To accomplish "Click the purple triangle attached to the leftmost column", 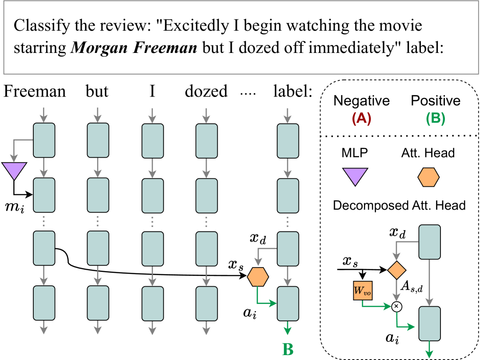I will pyautogui.click(x=14, y=170).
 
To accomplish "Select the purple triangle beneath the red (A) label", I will pyautogui.click(x=355, y=176).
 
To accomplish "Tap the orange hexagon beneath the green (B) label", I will pyautogui.click(x=428, y=177).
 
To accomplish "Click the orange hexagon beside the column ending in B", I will pyautogui.click(x=258, y=277).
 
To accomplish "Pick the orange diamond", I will pyautogui.click(x=396, y=270).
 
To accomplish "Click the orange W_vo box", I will pyautogui.click(x=363, y=291).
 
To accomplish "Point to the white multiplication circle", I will pyautogui.click(x=397, y=307).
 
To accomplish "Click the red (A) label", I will pyautogui.click(x=361, y=119).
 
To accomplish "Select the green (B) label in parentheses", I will pyautogui.click(x=435, y=119).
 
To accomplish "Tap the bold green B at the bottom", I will pyautogui.click(x=288, y=350).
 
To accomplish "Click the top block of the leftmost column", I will pyautogui.click(x=44, y=140).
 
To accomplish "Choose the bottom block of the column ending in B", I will pyautogui.click(x=288, y=304).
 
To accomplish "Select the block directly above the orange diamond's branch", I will pyautogui.click(x=429, y=242).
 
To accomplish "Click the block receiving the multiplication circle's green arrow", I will pyautogui.click(x=429, y=324).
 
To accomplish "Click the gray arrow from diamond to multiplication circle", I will pyautogui.click(x=396, y=291).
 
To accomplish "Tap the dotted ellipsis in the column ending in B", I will pyautogui.click(x=288, y=222).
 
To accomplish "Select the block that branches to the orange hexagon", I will pyautogui.click(x=288, y=249).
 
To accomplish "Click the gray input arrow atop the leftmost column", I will pyautogui.click(x=44, y=115).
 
